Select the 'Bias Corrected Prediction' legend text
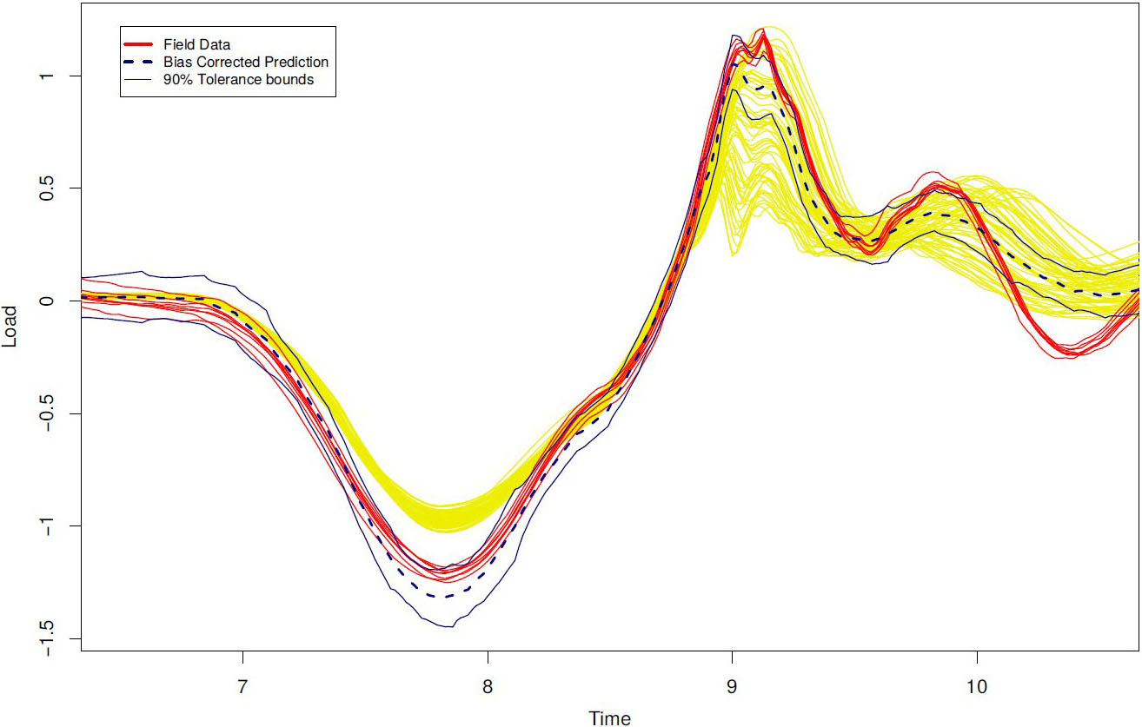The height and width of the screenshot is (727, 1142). click(246, 62)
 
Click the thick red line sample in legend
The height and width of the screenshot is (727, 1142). click(142, 43)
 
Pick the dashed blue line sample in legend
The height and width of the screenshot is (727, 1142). click(142, 62)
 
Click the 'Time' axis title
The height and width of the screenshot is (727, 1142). click(609, 717)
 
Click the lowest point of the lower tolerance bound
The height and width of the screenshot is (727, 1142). click(448, 626)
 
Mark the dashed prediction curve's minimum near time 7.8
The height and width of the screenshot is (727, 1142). click(444, 597)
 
